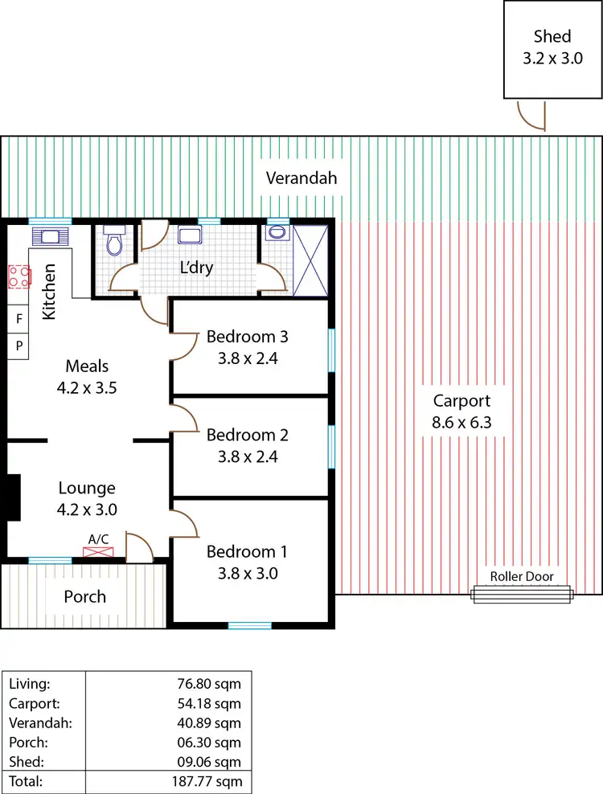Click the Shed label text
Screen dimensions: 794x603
pyautogui.click(x=552, y=36)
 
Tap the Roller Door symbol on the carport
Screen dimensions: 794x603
pyautogui.click(x=523, y=594)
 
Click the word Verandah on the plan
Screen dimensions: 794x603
pyautogui.click(x=301, y=178)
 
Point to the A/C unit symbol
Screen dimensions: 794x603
pyautogui.click(x=99, y=552)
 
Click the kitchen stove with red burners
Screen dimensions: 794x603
pyautogui.click(x=19, y=277)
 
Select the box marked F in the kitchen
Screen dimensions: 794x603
pyautogui.click(x=19, y=318)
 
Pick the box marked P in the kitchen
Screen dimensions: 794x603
pyautogui.click(x=19, y=346)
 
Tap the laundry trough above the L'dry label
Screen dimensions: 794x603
pyautogui.click(x=190, y=235)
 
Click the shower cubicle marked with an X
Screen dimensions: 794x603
pyautogui.click(x=311, y=260)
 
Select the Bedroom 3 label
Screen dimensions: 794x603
pyautogui.click(x=247, y=336)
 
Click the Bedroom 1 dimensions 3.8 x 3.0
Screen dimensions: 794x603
pyautogui.click(x=247, y=574)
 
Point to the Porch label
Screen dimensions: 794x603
pyautogui.click(x=84, y=597)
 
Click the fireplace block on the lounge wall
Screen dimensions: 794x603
pyautogui.click(x=12, y=498)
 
